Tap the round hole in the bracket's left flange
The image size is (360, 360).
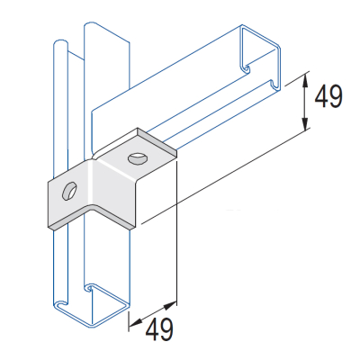pos(67,191)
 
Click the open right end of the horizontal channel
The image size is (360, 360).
pos(261,58)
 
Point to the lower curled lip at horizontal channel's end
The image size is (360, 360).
pos(270,85)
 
